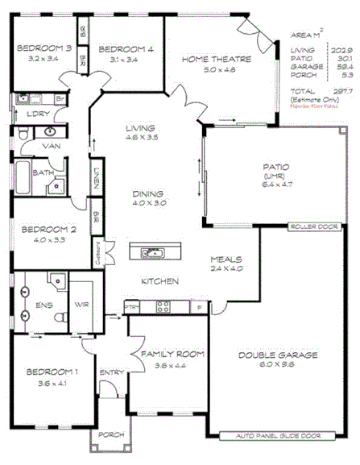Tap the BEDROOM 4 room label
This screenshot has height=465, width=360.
122,48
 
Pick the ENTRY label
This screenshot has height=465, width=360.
110,372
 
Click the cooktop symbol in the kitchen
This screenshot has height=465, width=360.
163,306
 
